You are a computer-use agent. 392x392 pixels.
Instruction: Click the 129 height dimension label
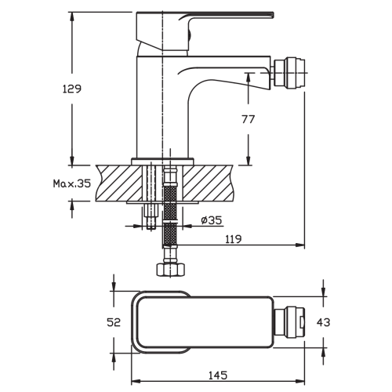pyautogui.click(x=72, y=89)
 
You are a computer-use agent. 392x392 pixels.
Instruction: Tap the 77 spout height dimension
pyautogui.click(x=248, y=119)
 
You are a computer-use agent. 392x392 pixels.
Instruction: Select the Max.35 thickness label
pyautogui.click(x=72, y=183)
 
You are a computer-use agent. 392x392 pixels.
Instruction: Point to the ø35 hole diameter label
pyautogui.click(x=212, y=220)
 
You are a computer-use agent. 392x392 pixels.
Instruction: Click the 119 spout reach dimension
pyautogui.click(x=234, y=239)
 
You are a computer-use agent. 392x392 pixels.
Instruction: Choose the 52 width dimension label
pyautogui.click(x=114, y=322)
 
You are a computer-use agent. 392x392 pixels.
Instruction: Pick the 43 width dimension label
pyautogui.click(x=323, y=322)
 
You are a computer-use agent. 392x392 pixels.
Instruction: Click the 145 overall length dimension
pyautogui.click(x=218, y=376)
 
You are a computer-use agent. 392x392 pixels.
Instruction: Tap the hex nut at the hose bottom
pyautogui.click(x=171, y=270)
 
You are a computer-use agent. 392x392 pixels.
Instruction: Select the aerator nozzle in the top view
pyautogui.click(x=289, y=322)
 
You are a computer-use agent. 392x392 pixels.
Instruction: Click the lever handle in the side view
pyautogui.click(x=205, y=31)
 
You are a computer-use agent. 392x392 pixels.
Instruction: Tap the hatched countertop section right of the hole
pyautogui.click(x=208, y=183)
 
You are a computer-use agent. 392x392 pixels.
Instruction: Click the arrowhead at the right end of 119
pyautogui.click(x=300, y=245)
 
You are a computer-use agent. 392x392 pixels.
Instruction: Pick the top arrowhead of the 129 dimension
pyautogui.click(x=72, y=17)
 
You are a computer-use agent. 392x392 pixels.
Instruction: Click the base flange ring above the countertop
pyautogui.click(x=162, y=162)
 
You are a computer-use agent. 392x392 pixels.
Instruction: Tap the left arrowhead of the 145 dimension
pyautogui.click(x=136, y=382)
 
